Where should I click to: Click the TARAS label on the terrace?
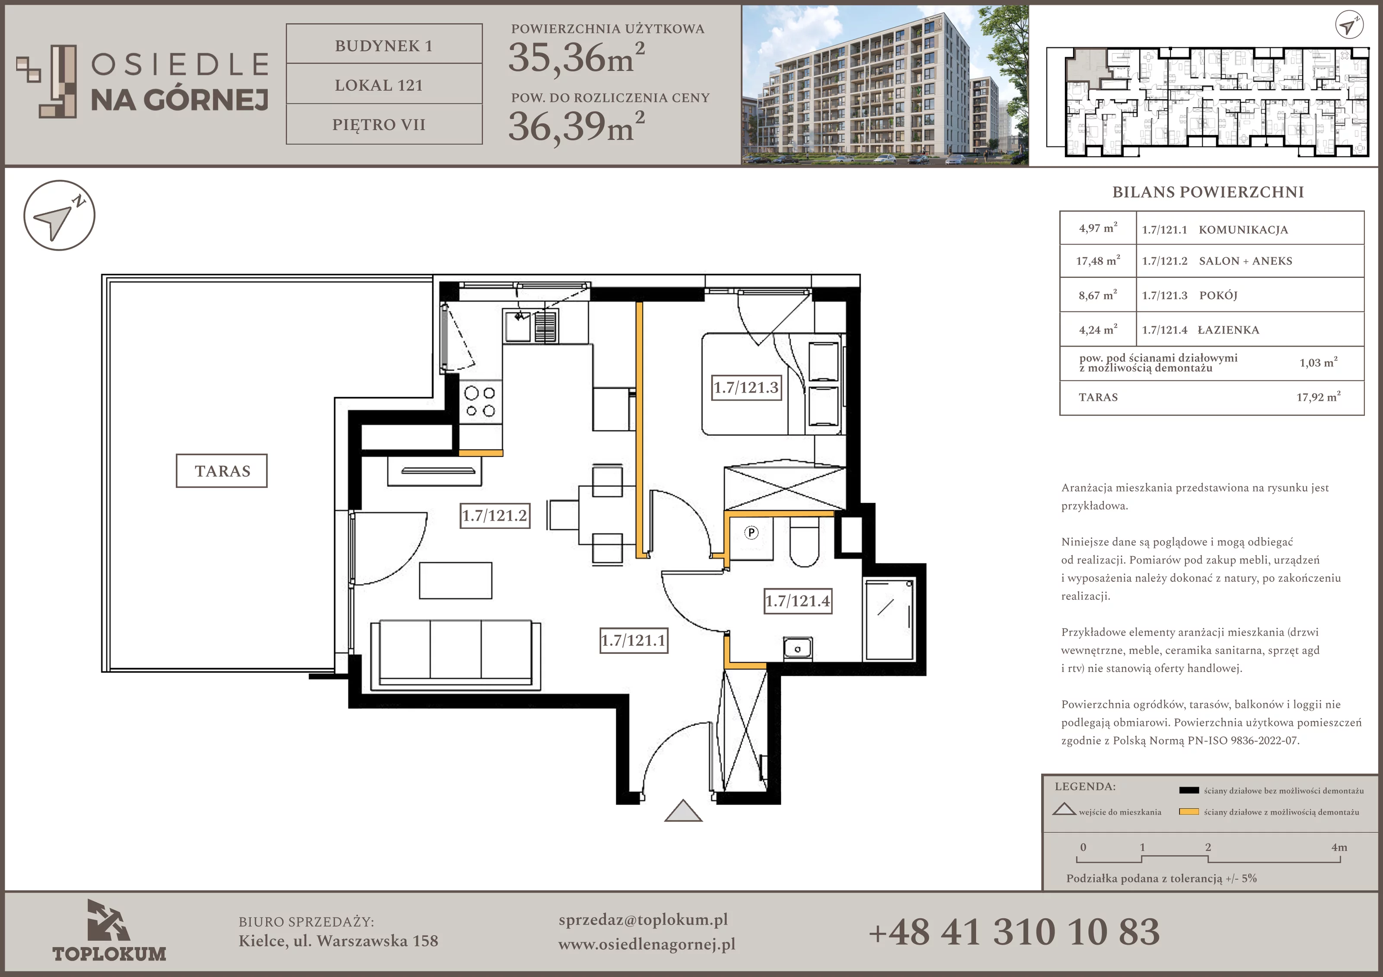[222, 471]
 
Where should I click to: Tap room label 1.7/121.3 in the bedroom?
[746, 387]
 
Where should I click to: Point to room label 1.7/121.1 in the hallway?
[634, 640]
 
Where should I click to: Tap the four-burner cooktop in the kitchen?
[480, 402]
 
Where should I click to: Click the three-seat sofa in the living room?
[456, 655]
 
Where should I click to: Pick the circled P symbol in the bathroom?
[751, 532]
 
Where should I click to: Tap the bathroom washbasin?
[797, 649]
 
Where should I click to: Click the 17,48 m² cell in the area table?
[1098, 261]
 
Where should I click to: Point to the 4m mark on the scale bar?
[1339, 847]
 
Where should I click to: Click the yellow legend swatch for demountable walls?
[1189, 812]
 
